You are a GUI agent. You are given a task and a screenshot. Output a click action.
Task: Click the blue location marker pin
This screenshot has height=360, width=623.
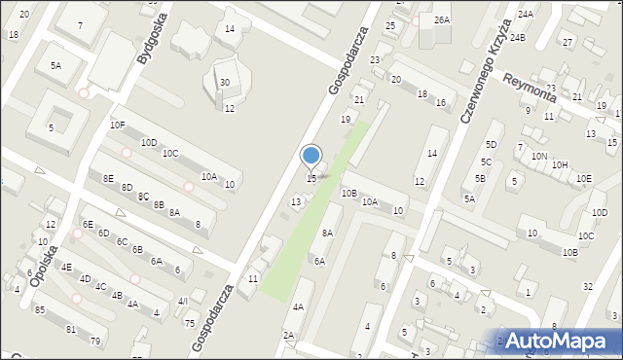point(311,156)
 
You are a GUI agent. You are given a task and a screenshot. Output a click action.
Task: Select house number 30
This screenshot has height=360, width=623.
point(225,83)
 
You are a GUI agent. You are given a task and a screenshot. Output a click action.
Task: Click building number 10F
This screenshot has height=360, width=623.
point(118,126)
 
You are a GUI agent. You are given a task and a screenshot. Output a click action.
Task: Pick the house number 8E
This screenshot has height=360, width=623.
point(108,179)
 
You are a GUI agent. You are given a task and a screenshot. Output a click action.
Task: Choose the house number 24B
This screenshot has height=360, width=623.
point(517,38)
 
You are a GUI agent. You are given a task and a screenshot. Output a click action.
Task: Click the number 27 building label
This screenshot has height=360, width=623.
point(568,43)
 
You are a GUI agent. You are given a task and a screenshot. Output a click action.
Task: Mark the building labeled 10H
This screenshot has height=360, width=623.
point(560,165)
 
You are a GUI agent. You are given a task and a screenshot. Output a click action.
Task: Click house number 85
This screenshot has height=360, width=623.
point(40,310)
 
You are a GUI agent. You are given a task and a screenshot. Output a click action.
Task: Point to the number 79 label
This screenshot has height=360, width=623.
point(95,341)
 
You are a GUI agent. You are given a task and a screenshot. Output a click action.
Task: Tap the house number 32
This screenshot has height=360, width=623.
point(587,287)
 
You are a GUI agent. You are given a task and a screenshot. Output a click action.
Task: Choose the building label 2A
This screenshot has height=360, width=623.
point(289,336)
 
